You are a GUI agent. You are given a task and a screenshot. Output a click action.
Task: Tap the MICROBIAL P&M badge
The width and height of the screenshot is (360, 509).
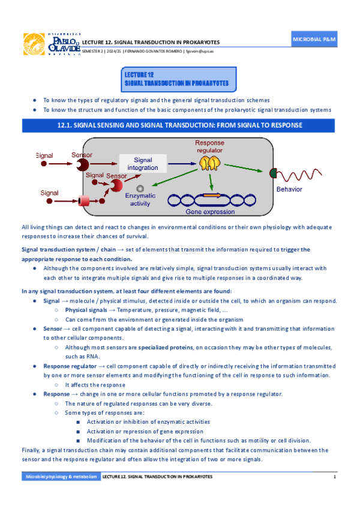coord(314,39)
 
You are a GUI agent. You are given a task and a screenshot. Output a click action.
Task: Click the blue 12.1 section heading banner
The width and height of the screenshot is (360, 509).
coord(179,125)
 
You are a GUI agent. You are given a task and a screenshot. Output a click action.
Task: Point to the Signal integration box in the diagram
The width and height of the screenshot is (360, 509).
coord(143,164)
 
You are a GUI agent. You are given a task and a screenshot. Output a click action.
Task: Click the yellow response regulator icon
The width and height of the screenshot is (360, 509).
coord(208,162)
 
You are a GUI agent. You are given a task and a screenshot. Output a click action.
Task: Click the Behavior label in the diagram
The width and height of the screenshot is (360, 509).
coord(289,188)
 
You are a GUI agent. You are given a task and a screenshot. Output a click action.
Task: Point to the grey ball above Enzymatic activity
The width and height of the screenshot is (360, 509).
coord(140,188)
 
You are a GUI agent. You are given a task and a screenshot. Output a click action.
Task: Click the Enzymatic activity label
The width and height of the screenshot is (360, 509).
coord(140,200)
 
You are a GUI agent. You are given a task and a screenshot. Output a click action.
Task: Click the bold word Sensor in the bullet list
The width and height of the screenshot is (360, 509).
coord(52,329)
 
